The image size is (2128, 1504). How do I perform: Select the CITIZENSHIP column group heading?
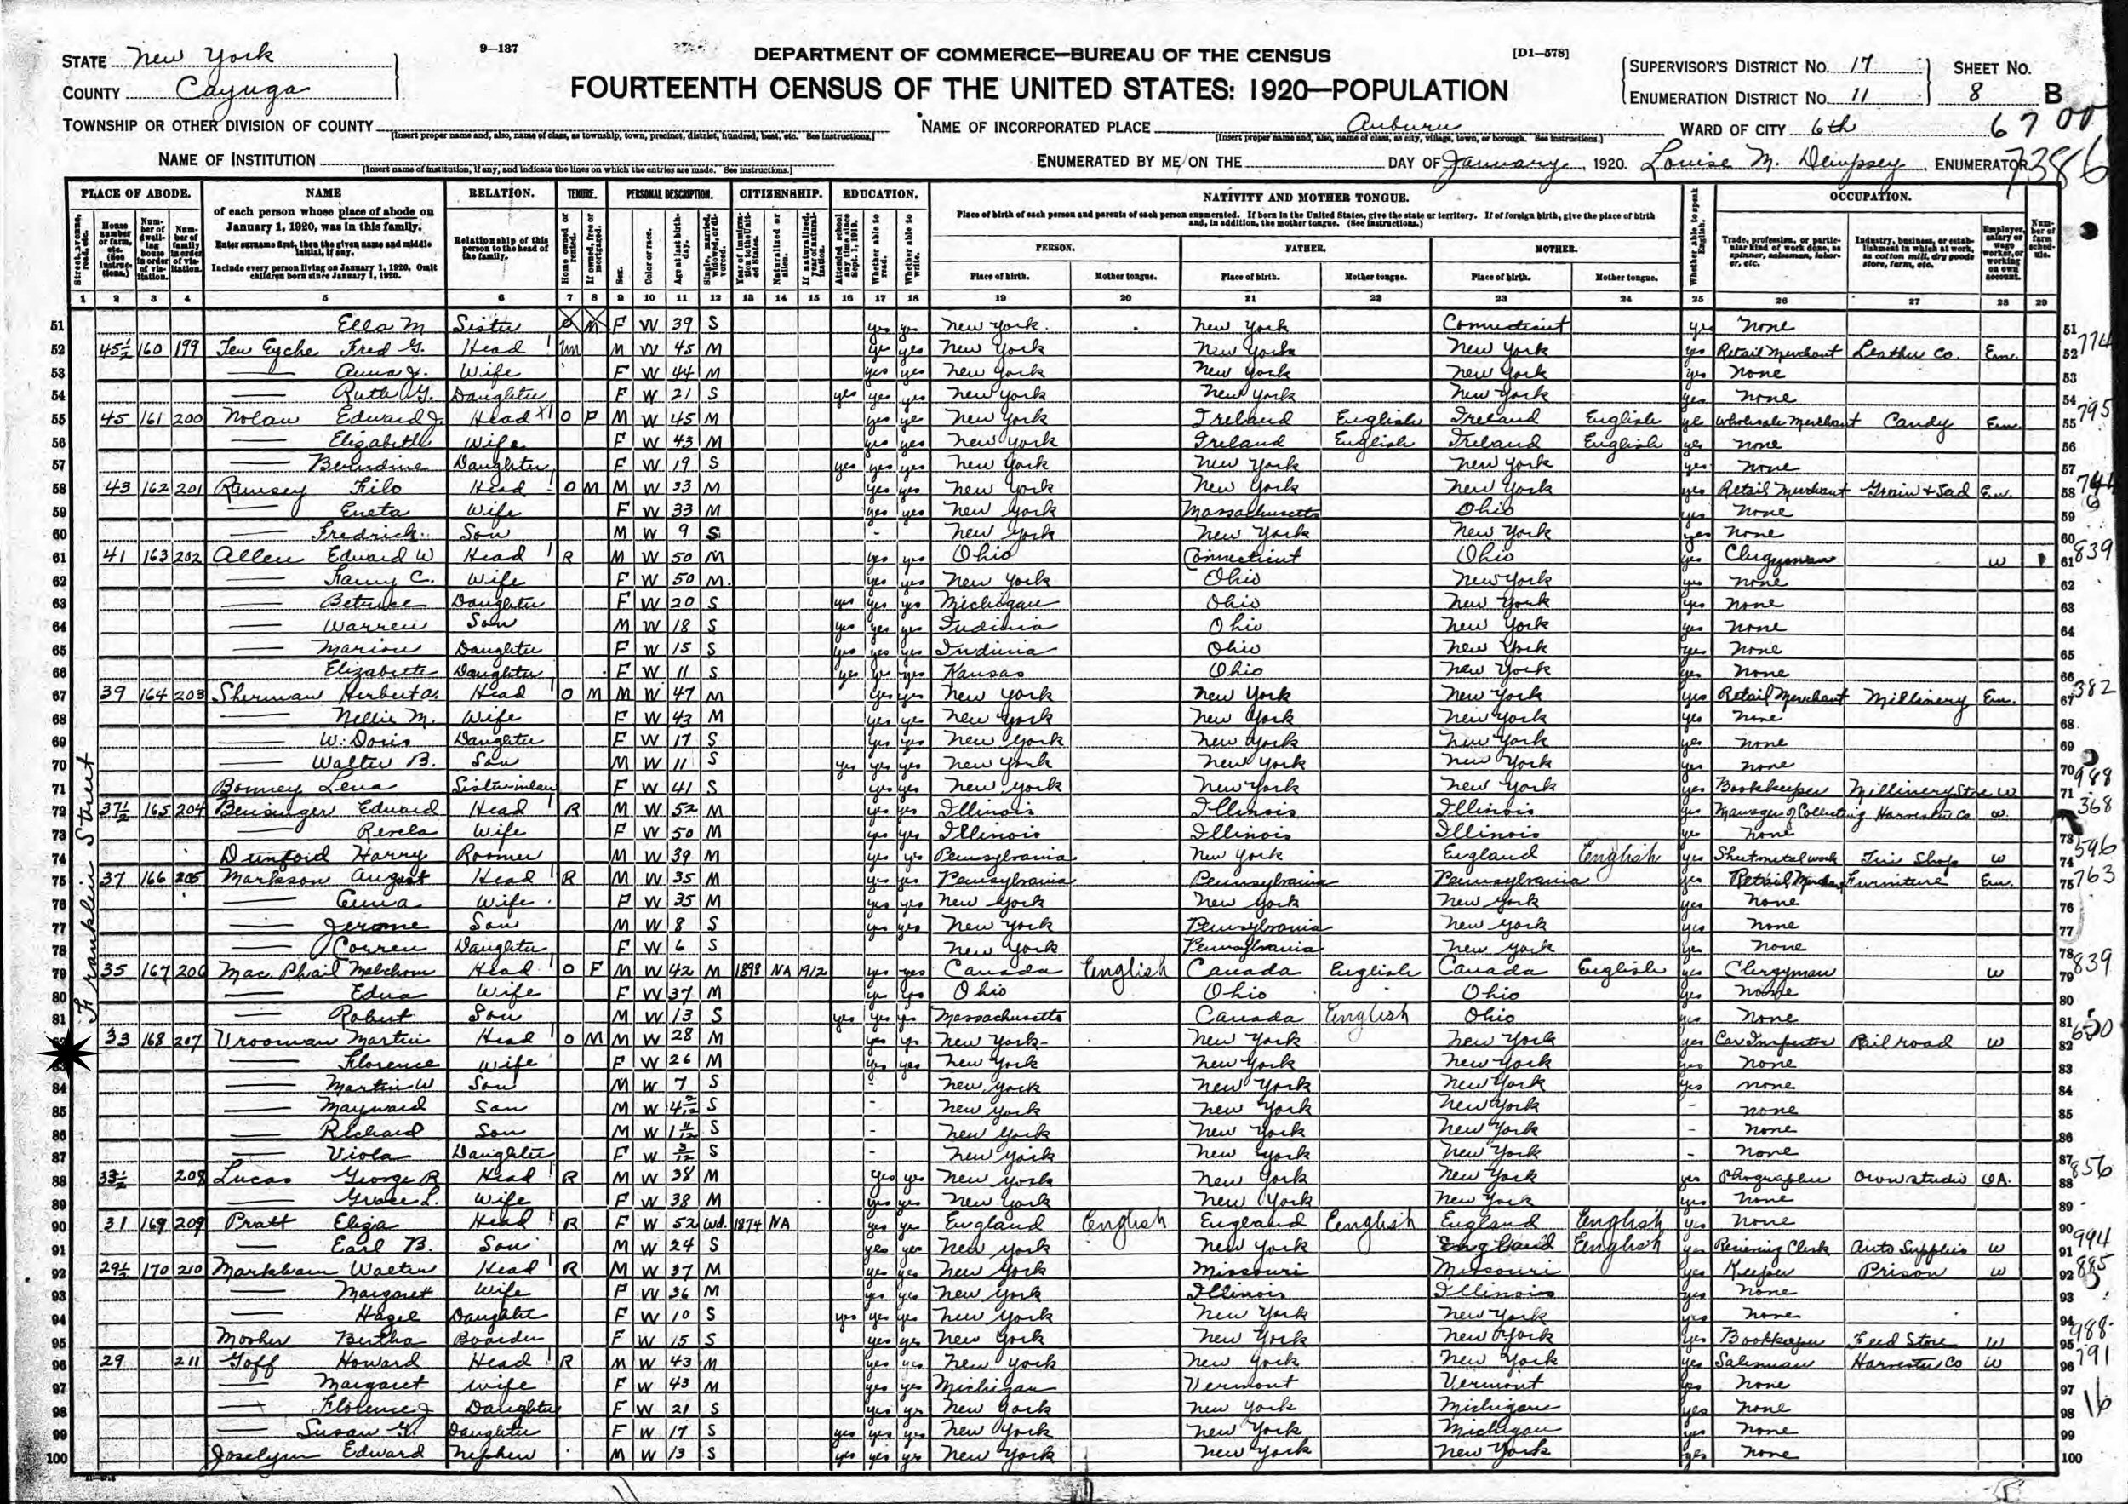[781, 196]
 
